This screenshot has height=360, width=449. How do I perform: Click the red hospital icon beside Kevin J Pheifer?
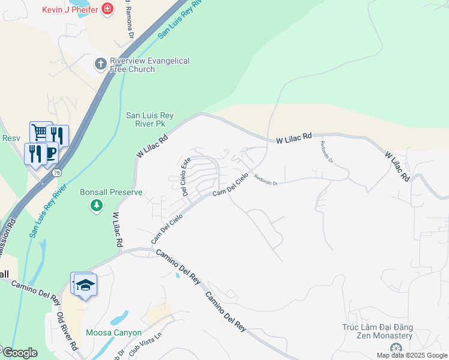(107, 8)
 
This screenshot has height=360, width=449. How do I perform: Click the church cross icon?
(100, 62)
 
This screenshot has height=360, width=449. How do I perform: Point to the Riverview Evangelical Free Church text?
(149, 65)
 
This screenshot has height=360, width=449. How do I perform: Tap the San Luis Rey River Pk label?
(153, 120)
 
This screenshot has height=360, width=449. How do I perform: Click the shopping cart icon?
(40, 131)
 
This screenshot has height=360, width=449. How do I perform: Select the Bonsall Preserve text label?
(111, 193)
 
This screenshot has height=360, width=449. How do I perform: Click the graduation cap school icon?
(85, 284)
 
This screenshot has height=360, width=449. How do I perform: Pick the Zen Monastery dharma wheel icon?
(395, 349)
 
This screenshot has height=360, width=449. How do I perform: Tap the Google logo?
(19, 353)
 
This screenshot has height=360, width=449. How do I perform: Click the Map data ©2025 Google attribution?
(412, 355)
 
